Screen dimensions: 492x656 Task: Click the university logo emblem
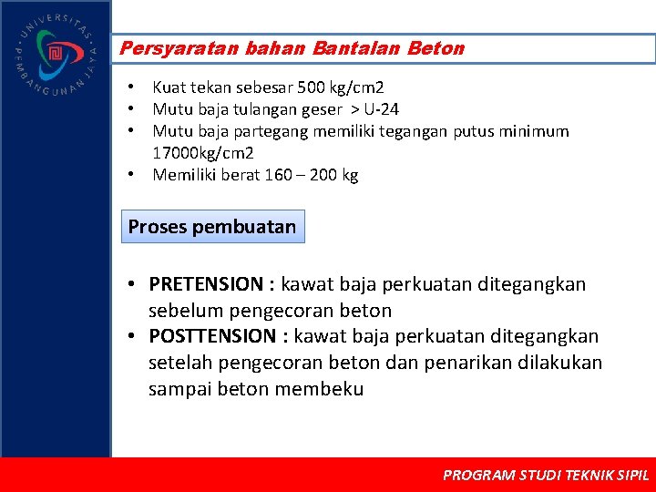(55, 54)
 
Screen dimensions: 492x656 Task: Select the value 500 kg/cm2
(337, 87)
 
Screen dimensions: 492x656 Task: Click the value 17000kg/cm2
(203, 153)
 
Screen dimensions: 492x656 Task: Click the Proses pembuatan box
(212, 227)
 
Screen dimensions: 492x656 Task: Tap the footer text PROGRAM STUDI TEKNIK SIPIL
(545, 475)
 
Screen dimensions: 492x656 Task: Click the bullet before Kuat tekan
(132, 87)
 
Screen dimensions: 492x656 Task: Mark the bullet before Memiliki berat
(132, 175)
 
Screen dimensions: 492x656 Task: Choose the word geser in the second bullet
(323, 109)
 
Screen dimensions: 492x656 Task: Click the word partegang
(272, 131)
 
